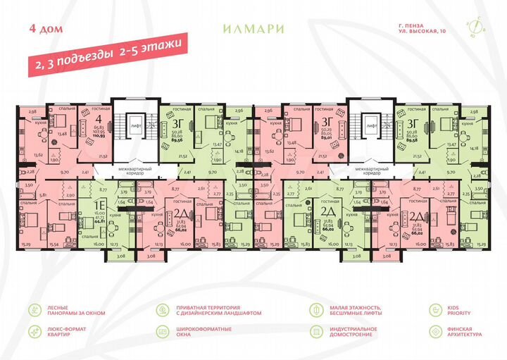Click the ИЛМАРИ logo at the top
(x=253, y=29)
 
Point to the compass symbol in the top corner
(x=477, y=27)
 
